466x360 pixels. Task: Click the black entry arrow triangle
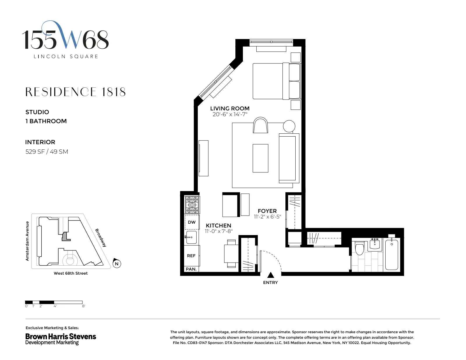[271, 275]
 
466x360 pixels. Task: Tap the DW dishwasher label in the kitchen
[192, 222]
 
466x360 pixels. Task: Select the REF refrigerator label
[191, 256]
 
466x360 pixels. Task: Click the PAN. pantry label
[191, 269]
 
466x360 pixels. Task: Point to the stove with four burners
[192, 205]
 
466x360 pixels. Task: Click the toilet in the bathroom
[360, 249]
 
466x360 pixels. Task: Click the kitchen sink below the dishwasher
[191, 237]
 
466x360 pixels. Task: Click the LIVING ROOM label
[230, 108]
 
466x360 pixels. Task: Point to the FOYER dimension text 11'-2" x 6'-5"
[267, 217]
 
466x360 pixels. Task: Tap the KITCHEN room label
[218, 225]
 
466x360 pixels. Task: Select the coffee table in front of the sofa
[260, 158]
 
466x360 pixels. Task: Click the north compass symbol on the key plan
[117, 264]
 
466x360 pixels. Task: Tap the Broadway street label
[101, 238]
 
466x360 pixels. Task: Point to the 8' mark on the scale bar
[84, 306]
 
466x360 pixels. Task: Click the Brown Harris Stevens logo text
[61, 336]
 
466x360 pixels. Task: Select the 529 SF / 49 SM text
[47, 151]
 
